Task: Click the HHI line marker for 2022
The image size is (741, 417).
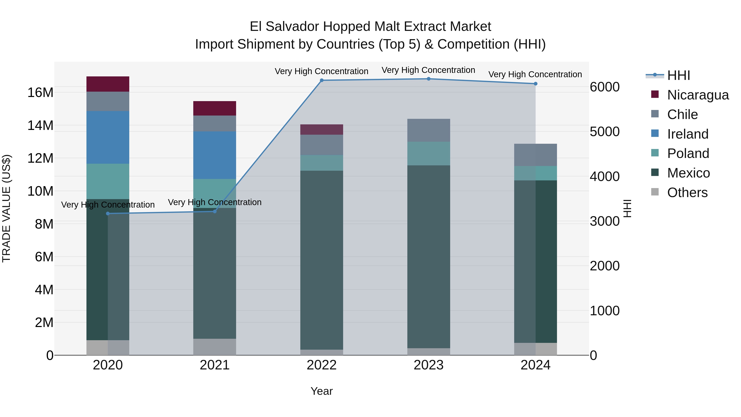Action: (x=322, y=80)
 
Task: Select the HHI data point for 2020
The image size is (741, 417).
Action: (x=108, y=214)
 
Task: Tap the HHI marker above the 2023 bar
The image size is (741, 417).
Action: (x=429, y=79)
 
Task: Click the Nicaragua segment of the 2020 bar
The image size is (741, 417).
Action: (x=108, y=84)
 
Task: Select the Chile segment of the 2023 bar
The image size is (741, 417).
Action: (x=429, y=130)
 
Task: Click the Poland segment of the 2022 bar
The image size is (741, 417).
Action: (x=322, y=163)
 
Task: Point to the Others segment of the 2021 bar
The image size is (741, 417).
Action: (x=215, y=347)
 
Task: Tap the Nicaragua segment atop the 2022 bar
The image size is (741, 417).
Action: (x=322, y=130)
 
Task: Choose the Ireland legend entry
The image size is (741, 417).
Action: (x=687, y=134)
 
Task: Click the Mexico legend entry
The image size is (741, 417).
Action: (x=688, y=173)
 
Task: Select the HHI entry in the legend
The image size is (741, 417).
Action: (x=678, y=75)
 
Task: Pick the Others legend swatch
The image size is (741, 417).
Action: (x=655, y=192)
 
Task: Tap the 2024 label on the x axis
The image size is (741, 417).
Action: (x=535, y=365)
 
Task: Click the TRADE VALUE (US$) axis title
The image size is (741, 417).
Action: (x=6, y=208)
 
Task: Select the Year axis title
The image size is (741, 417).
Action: (x=322, y=391)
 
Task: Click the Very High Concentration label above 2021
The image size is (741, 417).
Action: (x=215, y=202)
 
